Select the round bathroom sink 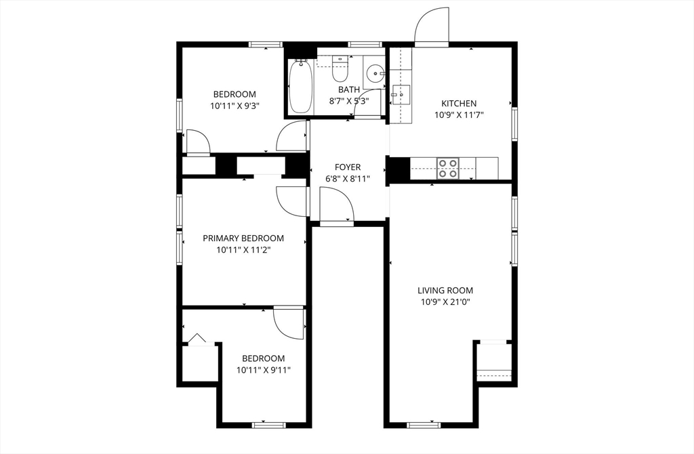pos(375,73)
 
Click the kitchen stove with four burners pos(447,167)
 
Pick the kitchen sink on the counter pos(401,94)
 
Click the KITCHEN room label pos(459,104)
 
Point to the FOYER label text pos(348,167)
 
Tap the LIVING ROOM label pos(445,291)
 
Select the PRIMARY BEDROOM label pos(243,239)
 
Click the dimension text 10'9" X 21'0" pos(445,302)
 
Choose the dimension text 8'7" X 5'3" pos(349,101)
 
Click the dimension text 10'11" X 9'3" pos(235,106)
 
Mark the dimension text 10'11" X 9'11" pos(264,370)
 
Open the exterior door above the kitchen pos(431,26)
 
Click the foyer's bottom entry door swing pos(335,205)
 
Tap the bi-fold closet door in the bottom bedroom pos(197,339)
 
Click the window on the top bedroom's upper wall pos(265,45)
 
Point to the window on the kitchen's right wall pos(514,125)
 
